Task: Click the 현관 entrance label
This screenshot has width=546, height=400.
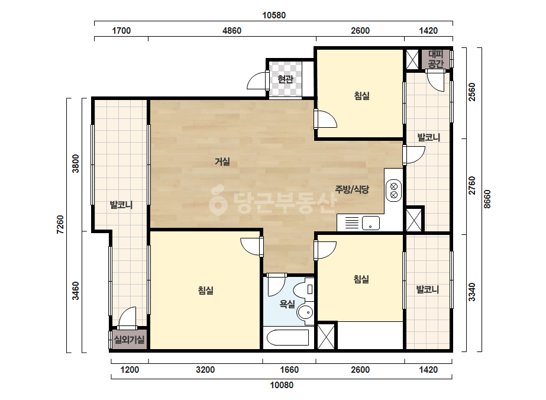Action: (x=285, y=79)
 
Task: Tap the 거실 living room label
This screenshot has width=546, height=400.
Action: (x=222, y=162)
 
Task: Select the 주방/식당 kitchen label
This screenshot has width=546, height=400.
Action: (x=352, y=189)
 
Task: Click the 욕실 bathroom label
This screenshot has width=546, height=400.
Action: (x=287, y=304)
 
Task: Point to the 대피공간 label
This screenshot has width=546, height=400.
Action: (x=435, y=59)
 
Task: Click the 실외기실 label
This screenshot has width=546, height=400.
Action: (x=129, y=340)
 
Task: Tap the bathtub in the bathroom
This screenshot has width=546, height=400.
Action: (x=287, y=337)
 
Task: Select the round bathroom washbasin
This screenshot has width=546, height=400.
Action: (x=305, y=312)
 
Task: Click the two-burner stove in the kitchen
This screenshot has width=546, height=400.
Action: (x=394, y=191)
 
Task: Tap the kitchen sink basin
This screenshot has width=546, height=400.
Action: (x=370, y=223)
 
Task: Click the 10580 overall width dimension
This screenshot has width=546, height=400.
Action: (x=274, y=15)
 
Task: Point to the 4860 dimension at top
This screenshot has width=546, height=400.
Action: (x=232, y=31)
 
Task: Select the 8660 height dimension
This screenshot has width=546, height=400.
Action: (x=487, y=199)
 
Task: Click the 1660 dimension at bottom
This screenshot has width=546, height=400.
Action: (x=289, y=370)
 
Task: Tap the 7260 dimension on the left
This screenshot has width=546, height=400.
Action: (x=60, y=225)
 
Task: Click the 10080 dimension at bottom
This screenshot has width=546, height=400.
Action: (x=282, y=385)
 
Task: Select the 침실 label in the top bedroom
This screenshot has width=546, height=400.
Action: (x=362, y=95)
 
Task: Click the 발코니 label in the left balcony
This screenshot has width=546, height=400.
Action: (x=121, y=205)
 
